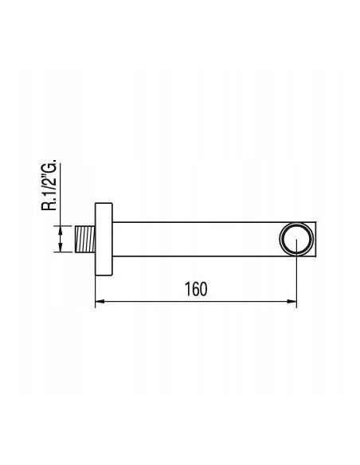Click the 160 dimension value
[196, 290]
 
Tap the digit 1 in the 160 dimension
[187, 290]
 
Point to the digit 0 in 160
[203, 290]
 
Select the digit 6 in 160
[195, 290]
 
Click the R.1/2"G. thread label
[49, 186]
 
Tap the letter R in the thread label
[49, 206]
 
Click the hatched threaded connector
[84, 240]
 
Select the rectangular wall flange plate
[104, 239]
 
